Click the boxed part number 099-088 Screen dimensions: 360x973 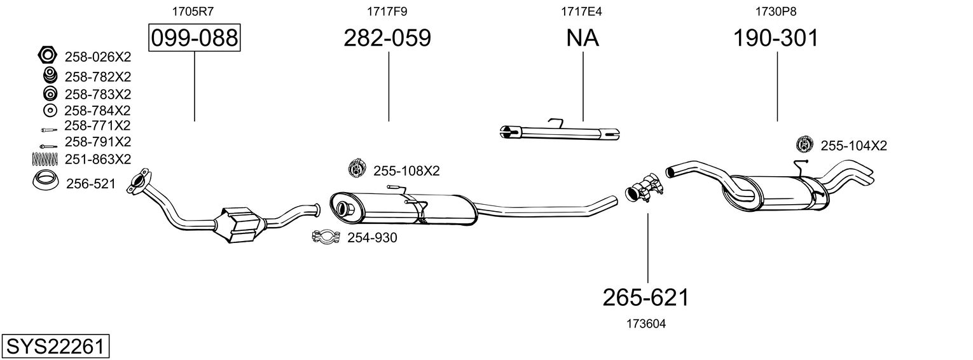tap(194, 38)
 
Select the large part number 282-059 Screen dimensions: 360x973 tap(387, 38)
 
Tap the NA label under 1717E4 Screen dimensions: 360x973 tap(583, 38)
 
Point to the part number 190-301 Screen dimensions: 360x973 tap(776, 38)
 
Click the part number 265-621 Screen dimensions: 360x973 tap(646, 297)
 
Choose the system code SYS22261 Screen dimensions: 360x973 tap(55, 347)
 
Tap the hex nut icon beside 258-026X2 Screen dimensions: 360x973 tap(48, 56)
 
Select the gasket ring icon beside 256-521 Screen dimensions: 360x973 tap(45, 182)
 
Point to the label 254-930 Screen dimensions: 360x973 tap(371, 238)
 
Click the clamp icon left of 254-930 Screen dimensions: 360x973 tap(326, 238)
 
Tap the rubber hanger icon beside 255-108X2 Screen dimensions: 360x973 tap(355, 169)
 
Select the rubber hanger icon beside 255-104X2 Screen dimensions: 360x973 tap(804, 144)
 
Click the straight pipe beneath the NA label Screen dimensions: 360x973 tap(560, 132)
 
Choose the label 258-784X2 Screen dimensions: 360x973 tap(97, 110)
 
